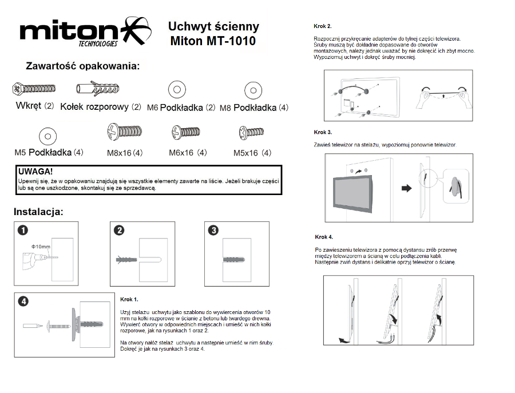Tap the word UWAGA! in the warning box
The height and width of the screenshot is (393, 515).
click(x=35, y=172)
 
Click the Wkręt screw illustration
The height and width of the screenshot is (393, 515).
click(x=34, y=88)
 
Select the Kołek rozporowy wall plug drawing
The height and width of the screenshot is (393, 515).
click(x=98, y=88)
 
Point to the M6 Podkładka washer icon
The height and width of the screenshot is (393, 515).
click(x=177, y=89)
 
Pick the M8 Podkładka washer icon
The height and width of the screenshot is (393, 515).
click(x=253, y=90)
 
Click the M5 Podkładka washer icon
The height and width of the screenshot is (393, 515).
click(x=47, y=136)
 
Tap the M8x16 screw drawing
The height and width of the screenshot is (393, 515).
click(x=125, y=132)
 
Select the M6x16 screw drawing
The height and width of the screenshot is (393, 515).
click(x=186, y=132)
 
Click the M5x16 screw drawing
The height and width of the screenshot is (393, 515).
click(x=251, y=132)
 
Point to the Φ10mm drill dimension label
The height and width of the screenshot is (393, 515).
click(x=41, y=247)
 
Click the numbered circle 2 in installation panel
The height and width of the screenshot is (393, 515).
click(x=120, y=230)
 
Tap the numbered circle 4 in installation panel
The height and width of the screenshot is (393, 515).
click(x=23, y=301)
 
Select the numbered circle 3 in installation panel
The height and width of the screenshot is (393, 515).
click(x=213, y=230)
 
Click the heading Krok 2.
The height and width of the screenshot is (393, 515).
click(x=323, y=26)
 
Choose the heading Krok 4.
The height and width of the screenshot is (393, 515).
click(x=324, y=237)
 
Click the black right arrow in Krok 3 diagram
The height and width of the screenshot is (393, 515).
click(x=407, y=188)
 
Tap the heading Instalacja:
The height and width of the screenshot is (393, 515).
click(x=38, y=212)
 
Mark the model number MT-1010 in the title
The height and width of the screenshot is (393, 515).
click(x=231, y=41)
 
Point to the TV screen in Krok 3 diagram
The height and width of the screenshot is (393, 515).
click(x=352, y=193)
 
